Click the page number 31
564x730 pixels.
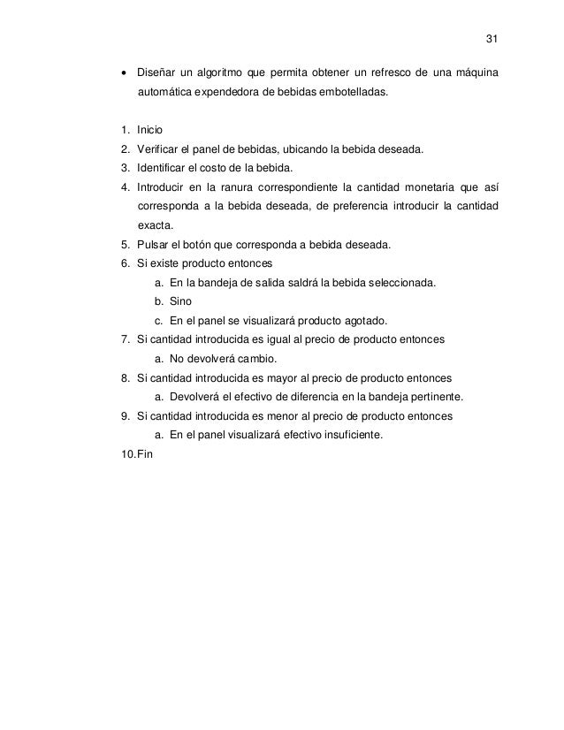(x=493, y=40)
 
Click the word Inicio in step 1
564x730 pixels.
(x=150, y=131)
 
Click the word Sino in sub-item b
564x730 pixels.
(x=179, y=302)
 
